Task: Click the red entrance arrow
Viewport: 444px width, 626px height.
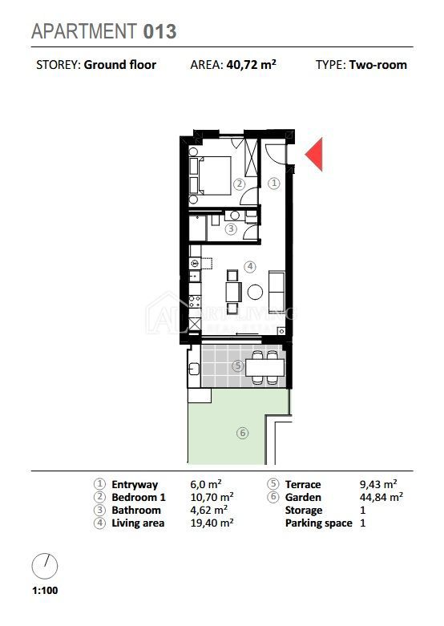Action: pos(316,155)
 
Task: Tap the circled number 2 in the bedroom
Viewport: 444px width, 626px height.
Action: pos(239,184)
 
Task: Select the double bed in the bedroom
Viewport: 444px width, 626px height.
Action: pos(215,176)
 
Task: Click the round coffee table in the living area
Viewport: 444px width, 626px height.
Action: pos(255,292)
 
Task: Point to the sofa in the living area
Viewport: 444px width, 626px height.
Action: pos(276,293)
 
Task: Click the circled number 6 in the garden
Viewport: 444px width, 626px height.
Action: pos(242,433)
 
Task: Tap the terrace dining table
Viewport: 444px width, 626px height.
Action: pos(264,367)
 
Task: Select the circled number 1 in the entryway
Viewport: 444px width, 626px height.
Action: pos(274,184)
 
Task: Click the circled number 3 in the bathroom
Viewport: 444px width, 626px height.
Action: pos(231,229)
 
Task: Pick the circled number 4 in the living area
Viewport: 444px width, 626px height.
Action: pos(250,266)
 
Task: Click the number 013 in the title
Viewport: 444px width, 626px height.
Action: pos(159,31)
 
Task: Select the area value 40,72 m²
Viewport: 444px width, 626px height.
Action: pos(251,64)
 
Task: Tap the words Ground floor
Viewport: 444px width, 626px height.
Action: pos(119,65)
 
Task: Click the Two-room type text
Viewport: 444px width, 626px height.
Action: pos(377,65)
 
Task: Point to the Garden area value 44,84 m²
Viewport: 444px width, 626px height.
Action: pos(381,497)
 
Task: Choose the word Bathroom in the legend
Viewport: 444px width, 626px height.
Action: pos(136,511)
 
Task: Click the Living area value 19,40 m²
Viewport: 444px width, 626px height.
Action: pos(212,523)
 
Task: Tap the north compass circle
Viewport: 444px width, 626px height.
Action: pos(45,566)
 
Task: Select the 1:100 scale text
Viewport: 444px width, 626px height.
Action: pos(45,590)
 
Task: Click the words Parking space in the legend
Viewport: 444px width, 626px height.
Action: pos(319,523)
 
